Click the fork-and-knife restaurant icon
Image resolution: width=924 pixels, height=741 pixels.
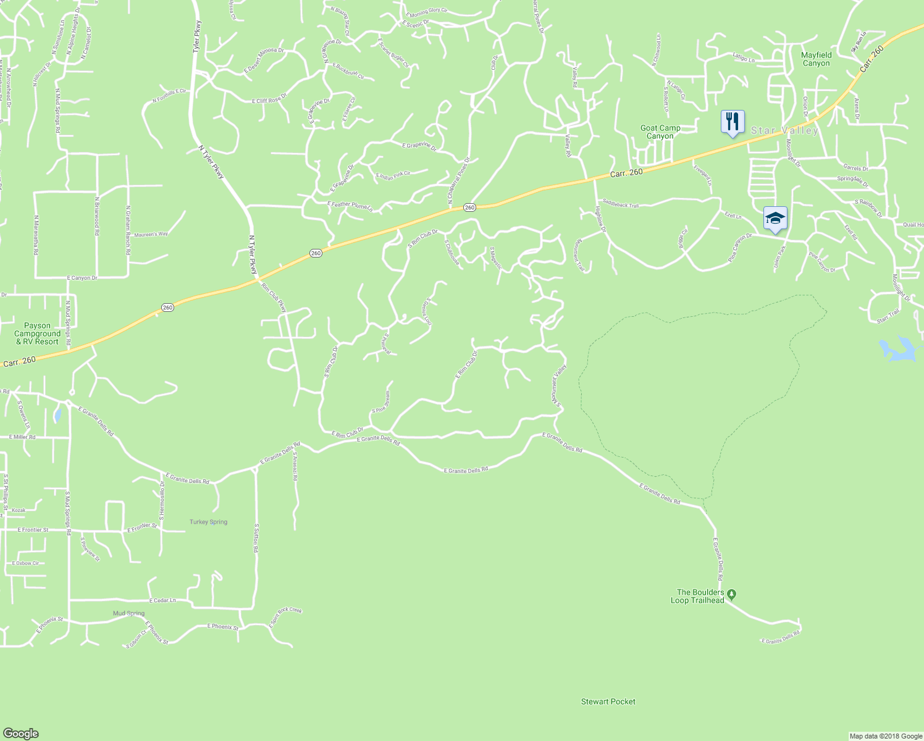click(733, 122)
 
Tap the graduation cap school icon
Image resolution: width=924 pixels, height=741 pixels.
click(775, 218)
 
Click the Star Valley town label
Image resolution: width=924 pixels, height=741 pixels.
click(784, 130)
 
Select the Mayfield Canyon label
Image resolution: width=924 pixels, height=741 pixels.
click(816, 59)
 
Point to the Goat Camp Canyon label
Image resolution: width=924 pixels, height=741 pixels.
click(660, 132)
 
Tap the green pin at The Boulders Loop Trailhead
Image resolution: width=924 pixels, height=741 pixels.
click(732, 595)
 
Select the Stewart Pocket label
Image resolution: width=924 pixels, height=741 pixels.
click(608, 701)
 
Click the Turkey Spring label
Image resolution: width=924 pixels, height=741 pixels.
click(208, 522)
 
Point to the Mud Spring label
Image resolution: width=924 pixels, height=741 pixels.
click(128, 613)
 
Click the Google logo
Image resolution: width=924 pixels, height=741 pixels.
click(20, 733)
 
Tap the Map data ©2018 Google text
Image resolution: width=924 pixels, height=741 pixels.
click(884, 736)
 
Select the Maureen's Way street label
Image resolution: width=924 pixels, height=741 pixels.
click(151, 234)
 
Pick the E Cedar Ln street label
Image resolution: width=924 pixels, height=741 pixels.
click(162, 600)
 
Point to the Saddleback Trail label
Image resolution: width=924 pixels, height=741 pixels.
click(621, 204)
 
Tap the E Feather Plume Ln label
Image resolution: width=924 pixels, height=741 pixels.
click(350, 206)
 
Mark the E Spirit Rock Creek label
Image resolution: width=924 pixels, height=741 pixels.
click(285, 618)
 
